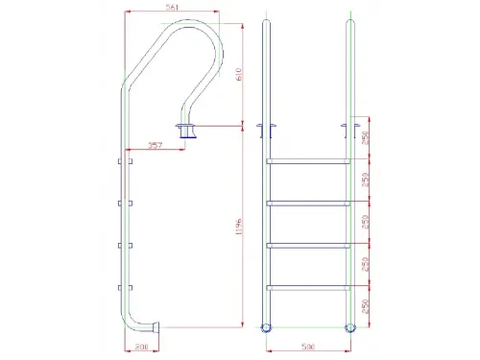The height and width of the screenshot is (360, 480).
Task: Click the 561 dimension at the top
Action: pyautogui.click(x=173, y=10)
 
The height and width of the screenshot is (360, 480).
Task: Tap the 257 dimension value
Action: pyautogui.click(x=153, y=146)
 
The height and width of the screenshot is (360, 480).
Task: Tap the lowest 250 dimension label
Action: pyautogui.click(x=366, y=306)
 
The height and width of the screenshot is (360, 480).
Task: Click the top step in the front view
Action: pyautogui.click(x=308, y=159)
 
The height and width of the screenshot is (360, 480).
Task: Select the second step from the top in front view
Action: pyautogui.click(x=308, y=202)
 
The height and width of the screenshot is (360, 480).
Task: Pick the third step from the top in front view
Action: pyautogui.click(x=308, y=245)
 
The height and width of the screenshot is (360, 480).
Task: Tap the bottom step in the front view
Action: pyautogui.click(x=308, y=287)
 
